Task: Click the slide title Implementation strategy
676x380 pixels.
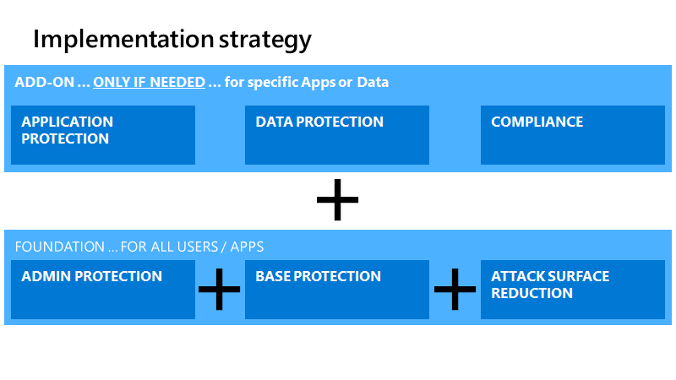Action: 172,39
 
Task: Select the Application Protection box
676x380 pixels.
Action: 103,135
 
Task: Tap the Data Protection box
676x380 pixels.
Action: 337,135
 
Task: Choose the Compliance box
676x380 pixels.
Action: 572,135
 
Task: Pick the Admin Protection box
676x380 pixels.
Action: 103,290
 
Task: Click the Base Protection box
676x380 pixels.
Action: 337,290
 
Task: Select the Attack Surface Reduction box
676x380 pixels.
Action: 572,290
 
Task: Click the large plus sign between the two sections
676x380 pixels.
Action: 337,200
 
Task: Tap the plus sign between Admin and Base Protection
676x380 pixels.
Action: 220,290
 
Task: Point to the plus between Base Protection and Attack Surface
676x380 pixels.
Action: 455,290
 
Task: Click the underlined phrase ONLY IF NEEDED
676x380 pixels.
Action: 149,83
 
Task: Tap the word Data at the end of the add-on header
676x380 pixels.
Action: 373,83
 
